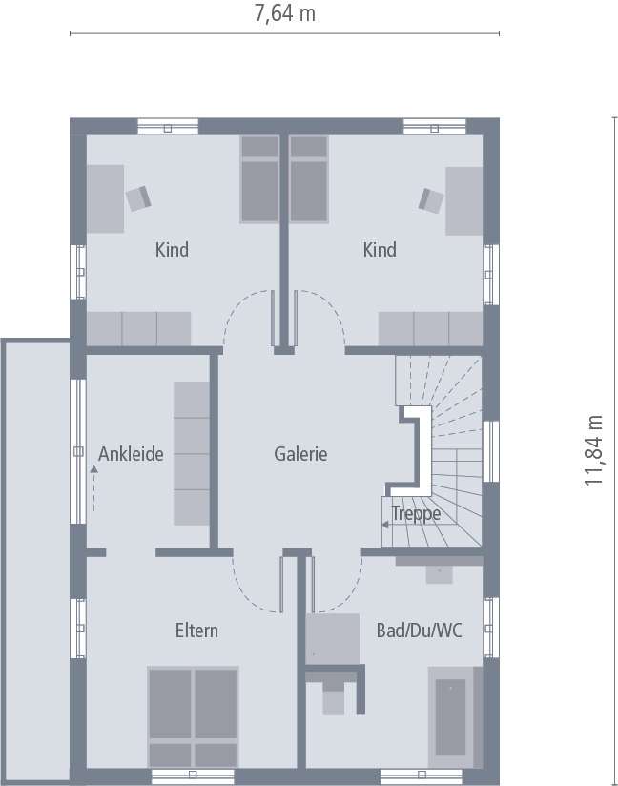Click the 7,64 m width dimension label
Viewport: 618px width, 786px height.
click(285, 13)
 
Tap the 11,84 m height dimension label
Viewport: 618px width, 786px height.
click(595, 451)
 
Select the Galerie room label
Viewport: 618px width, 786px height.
click(300, 454)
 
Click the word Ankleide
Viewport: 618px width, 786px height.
click(131, 454)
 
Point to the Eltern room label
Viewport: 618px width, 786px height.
click(196, 631)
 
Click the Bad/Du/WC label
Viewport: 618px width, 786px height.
click(420, 631)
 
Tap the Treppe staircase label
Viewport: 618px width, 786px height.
click(417, 514)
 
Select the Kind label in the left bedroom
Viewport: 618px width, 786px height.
click(172, 250)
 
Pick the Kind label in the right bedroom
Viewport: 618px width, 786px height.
click(380, 250)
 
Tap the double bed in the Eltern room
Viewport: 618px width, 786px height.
click(193, 715)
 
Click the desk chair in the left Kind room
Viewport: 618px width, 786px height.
click(139, 197)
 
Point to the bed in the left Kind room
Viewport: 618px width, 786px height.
click(257, 178)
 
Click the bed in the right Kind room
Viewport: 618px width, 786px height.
click(308, 178)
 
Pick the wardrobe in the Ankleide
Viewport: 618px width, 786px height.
click(191, 452)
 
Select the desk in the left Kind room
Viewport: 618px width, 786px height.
click(106, 198)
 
